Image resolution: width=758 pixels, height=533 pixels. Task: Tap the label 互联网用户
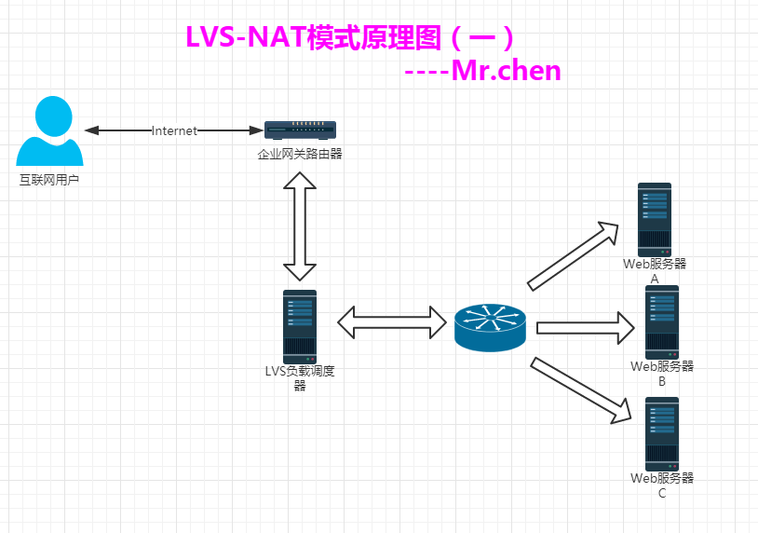point(49,179)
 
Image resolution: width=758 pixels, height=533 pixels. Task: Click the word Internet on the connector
point(175,131)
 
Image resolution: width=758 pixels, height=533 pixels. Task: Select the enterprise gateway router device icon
point(301,131)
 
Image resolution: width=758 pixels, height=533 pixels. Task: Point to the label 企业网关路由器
point(301,154)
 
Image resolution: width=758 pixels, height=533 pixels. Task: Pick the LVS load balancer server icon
point(300,326)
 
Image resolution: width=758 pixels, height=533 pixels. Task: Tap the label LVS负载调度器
point(300,377)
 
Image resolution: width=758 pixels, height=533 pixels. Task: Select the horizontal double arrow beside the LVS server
point(392,322)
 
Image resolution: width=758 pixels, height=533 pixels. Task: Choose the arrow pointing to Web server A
point(574,255)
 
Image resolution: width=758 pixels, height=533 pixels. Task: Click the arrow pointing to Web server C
point(576,389)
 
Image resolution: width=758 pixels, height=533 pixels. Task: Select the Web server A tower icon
point(654,219)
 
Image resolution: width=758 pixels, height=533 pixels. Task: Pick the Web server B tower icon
point(662,321)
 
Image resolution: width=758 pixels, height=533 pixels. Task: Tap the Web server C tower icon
point(662,433)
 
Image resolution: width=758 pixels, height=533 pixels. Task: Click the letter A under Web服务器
point(655,279)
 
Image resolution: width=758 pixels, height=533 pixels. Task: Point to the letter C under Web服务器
point(662,494)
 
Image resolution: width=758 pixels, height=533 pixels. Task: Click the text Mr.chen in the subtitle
point(507,70)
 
